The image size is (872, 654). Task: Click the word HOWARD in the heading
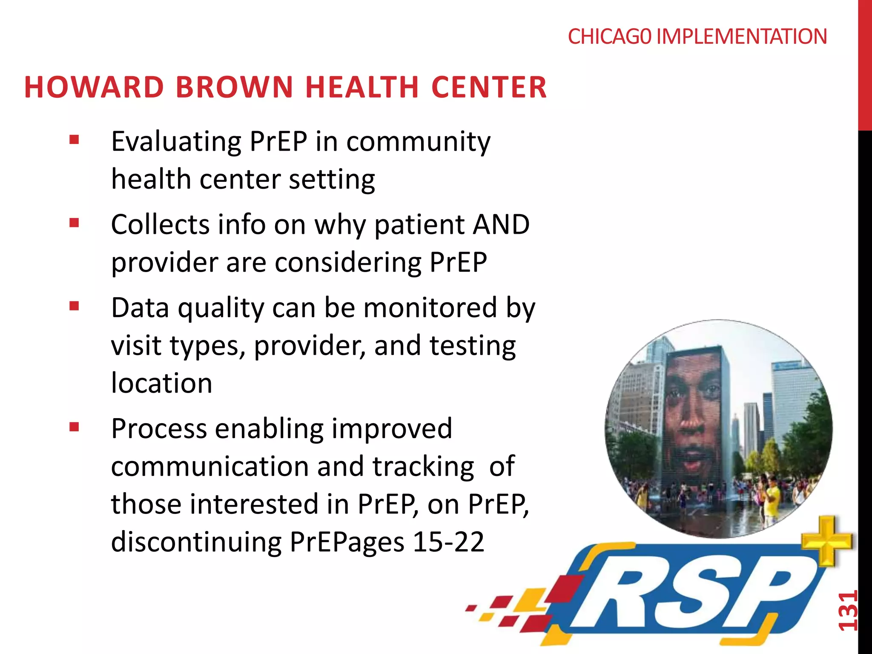point(94,87)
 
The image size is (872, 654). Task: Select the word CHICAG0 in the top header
point(609,37)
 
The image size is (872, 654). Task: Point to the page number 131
point(847,611)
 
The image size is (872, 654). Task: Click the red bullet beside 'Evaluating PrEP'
point(75,140)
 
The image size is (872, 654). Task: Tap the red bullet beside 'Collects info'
point(75,223)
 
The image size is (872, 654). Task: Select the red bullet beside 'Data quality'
point(75,306)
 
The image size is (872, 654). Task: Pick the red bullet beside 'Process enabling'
point(75,427)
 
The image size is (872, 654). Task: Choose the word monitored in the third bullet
point(430,308)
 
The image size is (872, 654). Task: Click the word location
point(161,383)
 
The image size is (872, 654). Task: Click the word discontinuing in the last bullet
point(196,542)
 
